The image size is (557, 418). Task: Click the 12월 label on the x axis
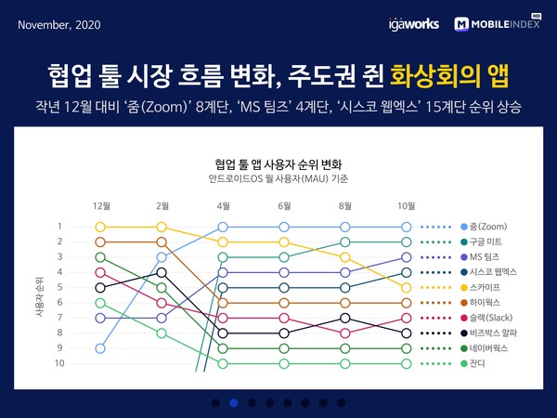[101, 204]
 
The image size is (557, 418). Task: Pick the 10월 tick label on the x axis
[406, 204]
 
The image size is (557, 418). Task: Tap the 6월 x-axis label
[284, 204]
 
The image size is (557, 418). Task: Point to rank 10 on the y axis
[58, 363]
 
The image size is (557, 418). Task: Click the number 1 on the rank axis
[59, 227]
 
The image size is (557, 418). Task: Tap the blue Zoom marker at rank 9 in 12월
[101, 348]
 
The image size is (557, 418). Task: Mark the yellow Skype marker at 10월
[406, 288]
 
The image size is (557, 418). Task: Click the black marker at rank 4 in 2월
[162, 272]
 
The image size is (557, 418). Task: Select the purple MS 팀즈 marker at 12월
[101, 318]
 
